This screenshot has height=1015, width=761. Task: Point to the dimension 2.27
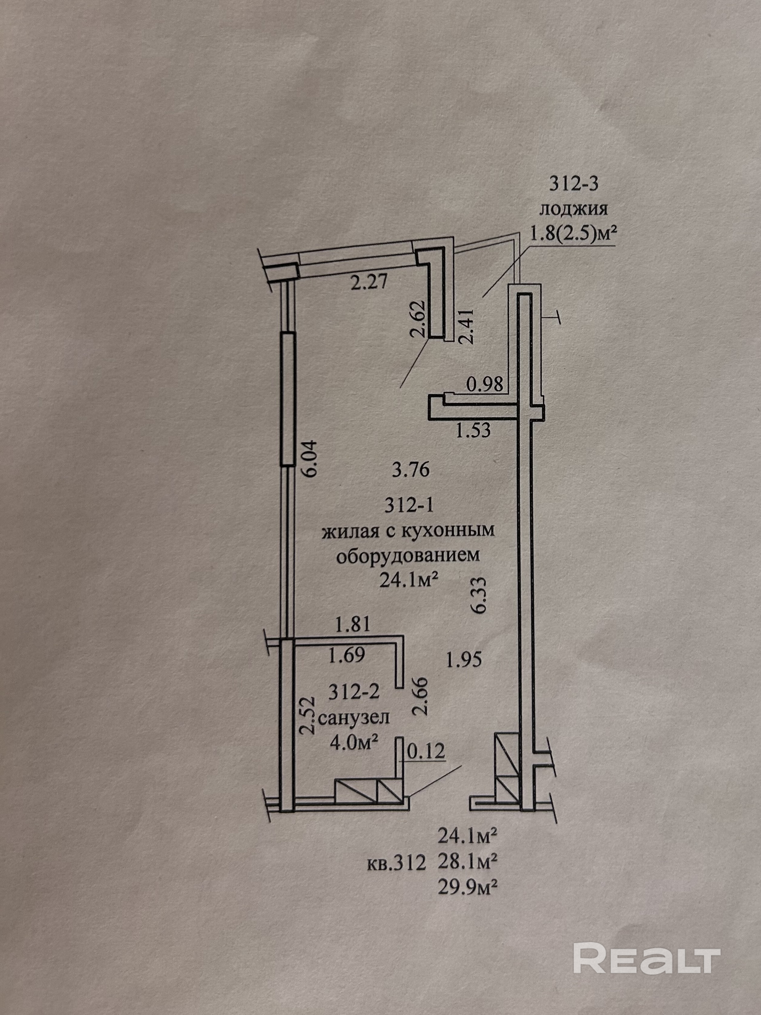369,281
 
